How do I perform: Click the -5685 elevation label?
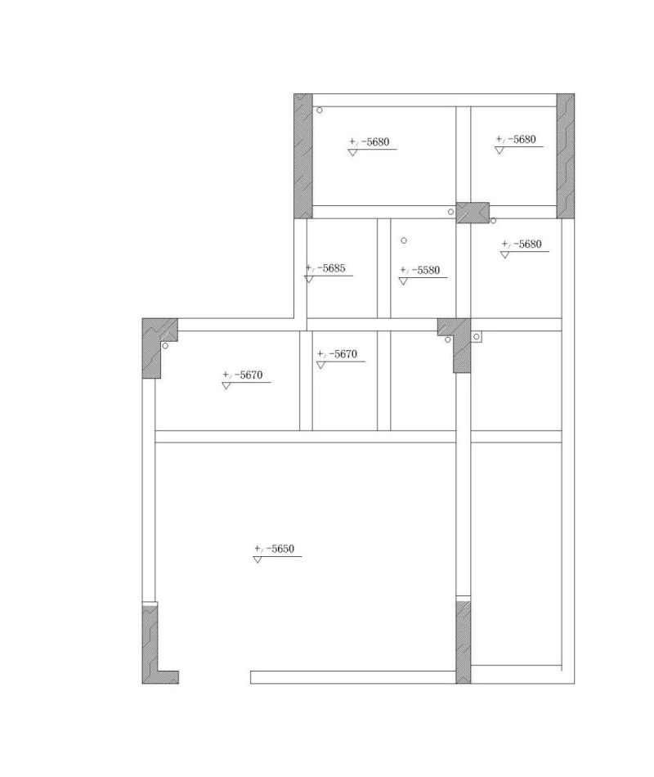coord(325,268)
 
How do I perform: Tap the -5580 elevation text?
coord(419,270)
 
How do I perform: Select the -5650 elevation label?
coord(274,549)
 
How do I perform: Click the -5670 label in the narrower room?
coord(337,354)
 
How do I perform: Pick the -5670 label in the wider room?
coord(242,375)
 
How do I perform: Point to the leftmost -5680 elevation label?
coord(370,141)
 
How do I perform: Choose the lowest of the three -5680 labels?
coord(522,244)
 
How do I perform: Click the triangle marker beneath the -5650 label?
coord(258,559)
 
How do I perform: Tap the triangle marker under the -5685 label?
coord(309,280)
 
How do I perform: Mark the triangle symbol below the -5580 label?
coord(403,281)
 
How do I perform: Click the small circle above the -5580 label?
coord(404,240)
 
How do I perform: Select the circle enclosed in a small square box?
coord(477,337)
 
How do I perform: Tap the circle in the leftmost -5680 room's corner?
coord(320,110)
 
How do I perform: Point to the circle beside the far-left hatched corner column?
coord(165,345)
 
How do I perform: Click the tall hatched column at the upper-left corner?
coord(303,156)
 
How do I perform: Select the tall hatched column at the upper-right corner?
coord(566,156)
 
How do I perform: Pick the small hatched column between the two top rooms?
coord(473,213)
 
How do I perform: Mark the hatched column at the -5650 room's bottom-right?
coord(464,642)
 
